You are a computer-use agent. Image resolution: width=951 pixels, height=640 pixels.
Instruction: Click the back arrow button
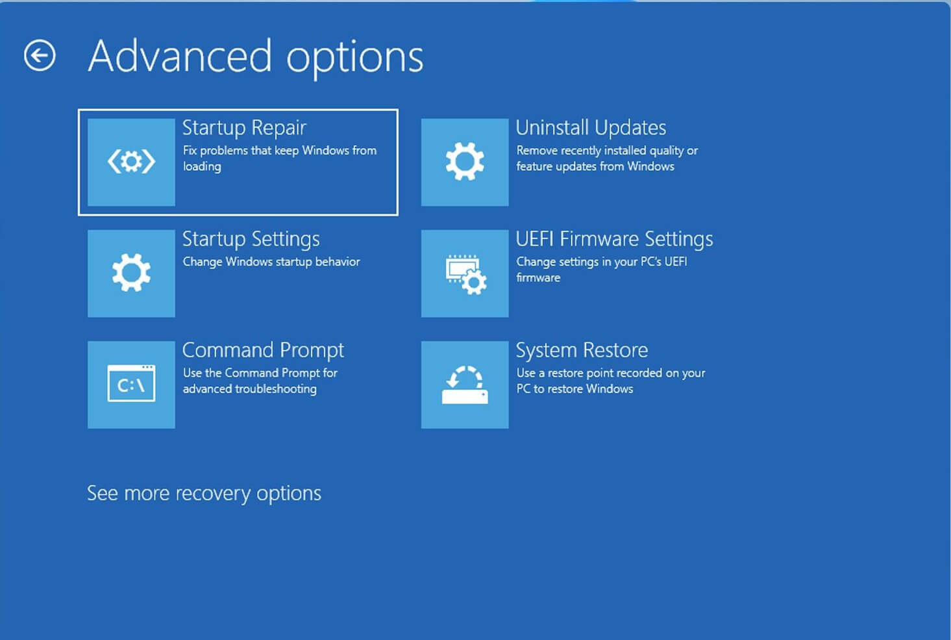(x=40, y=55)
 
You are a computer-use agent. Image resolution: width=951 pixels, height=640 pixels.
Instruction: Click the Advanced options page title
(x=256, y=57)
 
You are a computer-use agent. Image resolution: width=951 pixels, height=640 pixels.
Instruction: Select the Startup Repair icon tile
(x=131, y=162)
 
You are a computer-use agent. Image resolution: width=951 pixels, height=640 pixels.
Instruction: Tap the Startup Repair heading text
(x=244, y=128)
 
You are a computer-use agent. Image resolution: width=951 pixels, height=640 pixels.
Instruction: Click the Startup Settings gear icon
(x=131, y=273)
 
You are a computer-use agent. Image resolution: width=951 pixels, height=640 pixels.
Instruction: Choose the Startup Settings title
(x=251, y=239)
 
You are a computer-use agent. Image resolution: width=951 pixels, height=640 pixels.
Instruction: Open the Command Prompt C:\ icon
(x=131, y=383)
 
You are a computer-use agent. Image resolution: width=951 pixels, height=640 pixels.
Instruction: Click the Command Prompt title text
(x=263, y=351)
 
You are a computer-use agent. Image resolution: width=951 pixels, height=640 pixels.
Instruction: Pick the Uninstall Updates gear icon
(x=465, y=162)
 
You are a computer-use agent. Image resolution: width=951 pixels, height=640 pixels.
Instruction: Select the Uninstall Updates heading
(x=591, y=127)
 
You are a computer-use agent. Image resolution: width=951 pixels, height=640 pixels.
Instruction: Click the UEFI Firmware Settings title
(x=614, y=239)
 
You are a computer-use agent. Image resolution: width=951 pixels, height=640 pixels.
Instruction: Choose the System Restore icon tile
(x=465, y=385)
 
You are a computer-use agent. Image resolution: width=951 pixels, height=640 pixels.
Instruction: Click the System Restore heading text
(x=582, y=350)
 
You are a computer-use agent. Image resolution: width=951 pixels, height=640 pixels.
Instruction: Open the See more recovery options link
(x=204, y=494)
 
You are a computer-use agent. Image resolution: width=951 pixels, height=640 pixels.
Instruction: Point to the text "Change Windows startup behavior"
(x=271, y=261)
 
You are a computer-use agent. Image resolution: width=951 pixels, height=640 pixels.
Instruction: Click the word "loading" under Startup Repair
(x=202, y=166)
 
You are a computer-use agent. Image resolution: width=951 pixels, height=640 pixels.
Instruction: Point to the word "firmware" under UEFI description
(x=538, y=277)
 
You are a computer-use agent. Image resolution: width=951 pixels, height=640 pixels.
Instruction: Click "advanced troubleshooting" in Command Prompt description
(x=250, y=389)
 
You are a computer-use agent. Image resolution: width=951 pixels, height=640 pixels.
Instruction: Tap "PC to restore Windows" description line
(x=574, y=389)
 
